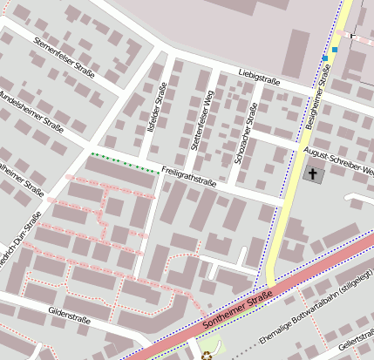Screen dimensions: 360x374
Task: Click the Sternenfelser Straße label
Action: (63, 54)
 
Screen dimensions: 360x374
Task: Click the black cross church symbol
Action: (312, 174)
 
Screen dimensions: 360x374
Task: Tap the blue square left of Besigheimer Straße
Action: (324, 58)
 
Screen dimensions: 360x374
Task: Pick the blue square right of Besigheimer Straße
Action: (335, 50)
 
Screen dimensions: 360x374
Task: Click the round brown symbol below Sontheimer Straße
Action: (207, 355)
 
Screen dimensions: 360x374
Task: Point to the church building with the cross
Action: (312, 174)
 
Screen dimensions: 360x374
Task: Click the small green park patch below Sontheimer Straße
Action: (218, 349)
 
